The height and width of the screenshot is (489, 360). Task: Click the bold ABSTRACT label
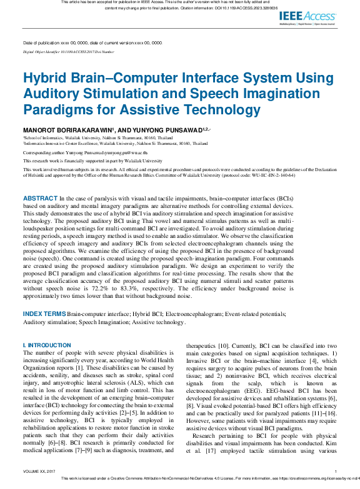pyautogui.click(x=40, y=197)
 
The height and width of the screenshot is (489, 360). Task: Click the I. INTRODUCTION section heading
pyautogui.click(x=47, y=345)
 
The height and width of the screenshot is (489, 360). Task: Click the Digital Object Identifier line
pyautogui.click(x=68, y=52)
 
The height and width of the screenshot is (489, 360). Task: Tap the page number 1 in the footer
pyautogui.click(x=336, y=471)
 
